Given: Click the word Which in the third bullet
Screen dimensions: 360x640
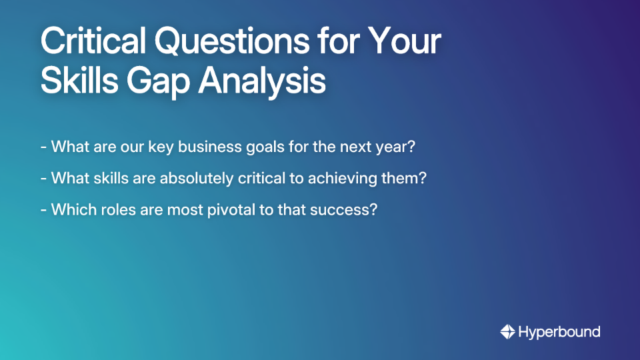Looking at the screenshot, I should [x=70, y=209].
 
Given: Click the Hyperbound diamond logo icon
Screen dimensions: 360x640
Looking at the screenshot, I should [x=507, y=331].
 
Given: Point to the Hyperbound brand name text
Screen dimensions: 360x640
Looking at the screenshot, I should [x=559, y=331].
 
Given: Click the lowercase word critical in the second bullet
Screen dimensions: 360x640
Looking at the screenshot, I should [x=258, y=178].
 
